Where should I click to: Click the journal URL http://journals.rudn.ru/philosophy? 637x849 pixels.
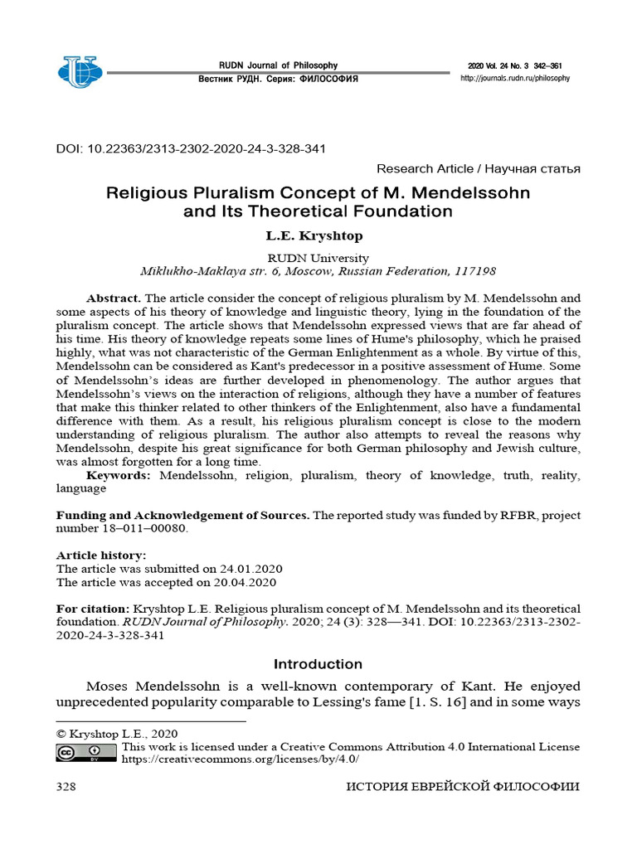(x=515, y=78)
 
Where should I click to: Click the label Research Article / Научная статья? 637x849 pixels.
(x=478, y=169)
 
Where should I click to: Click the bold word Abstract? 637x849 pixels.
(x=114, y=298)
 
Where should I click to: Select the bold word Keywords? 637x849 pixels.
(x=119, y=475)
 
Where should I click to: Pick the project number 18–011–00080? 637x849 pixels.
(x=123, y=528)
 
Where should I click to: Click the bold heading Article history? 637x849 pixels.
(x=101, y=555)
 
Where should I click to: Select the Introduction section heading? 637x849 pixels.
(x=318, y=664)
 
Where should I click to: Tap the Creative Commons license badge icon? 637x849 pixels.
(x=86, y=752)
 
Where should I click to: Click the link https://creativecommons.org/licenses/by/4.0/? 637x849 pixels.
(x=241, y=759)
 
